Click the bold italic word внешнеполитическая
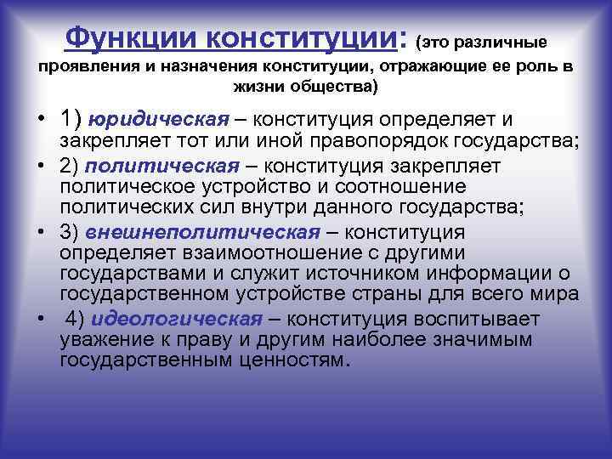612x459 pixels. (202, 232)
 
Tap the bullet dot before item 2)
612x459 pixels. (41, 164)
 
